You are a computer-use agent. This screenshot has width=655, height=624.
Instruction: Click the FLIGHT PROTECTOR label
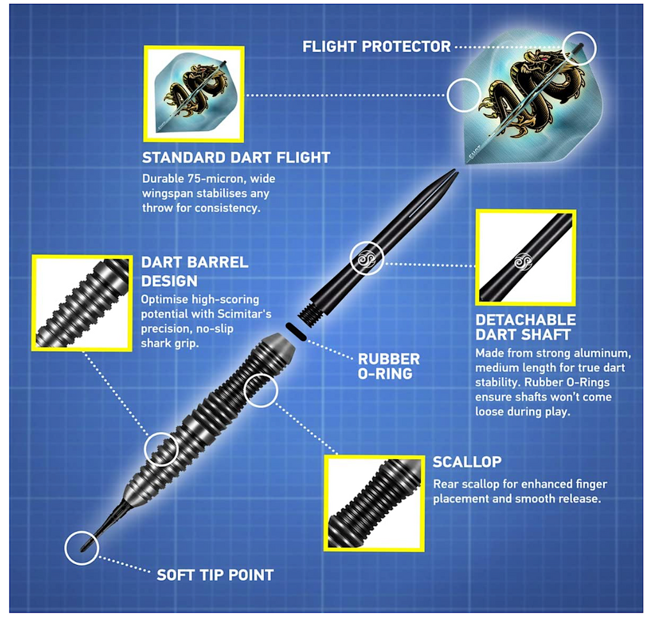click(x=376, y=47)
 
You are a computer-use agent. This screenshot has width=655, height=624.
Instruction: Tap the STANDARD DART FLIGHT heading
click(x=235, y=158)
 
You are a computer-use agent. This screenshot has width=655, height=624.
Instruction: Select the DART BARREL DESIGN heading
click(x=194, y=272)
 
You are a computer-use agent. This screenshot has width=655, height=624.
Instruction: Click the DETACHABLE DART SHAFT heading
click(x=525, y=327)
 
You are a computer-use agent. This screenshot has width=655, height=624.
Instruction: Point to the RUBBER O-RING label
click(x=388, y=366)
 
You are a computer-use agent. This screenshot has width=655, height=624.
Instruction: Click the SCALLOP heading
click(x=467, y=462)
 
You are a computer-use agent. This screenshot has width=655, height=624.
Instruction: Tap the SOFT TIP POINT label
click(x=215, y=575)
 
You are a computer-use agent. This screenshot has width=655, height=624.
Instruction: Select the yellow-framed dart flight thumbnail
click(x=194, y=93)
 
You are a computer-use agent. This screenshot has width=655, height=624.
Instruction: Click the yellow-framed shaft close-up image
click(x=525, y=258)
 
